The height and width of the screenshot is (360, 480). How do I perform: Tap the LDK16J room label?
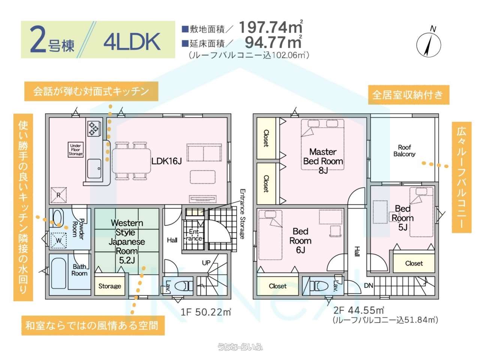[x=166, y=161]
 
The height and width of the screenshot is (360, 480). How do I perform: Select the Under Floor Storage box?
[x=75, y=150]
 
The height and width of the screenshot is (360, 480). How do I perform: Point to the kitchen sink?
[x=94, y=168]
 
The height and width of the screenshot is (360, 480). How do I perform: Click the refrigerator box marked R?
[x=58, y=195]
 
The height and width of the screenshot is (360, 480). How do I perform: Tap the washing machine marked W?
[x=58, y=240]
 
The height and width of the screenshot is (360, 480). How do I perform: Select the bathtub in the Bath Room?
[x=58, y=274]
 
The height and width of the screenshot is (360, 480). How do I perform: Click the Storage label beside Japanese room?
[x=109, y=286]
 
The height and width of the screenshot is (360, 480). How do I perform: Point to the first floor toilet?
[x=183, y=286]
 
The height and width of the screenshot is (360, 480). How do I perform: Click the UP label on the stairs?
[x=206, y=263]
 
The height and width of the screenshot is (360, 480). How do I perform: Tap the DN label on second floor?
[x=369, y=285]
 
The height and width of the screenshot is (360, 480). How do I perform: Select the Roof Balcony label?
[x=404, y=151]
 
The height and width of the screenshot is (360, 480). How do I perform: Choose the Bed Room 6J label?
[x=300, y=241]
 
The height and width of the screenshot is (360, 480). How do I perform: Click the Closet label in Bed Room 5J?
[x=414, y=263]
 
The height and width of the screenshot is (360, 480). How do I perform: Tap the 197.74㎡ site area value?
[x=271, y=27]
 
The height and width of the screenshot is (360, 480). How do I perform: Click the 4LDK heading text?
[x=132, y=42]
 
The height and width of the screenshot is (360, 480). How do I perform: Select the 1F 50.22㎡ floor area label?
[x=206, y=312]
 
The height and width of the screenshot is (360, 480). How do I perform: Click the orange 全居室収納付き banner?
[x=408, y=94]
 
